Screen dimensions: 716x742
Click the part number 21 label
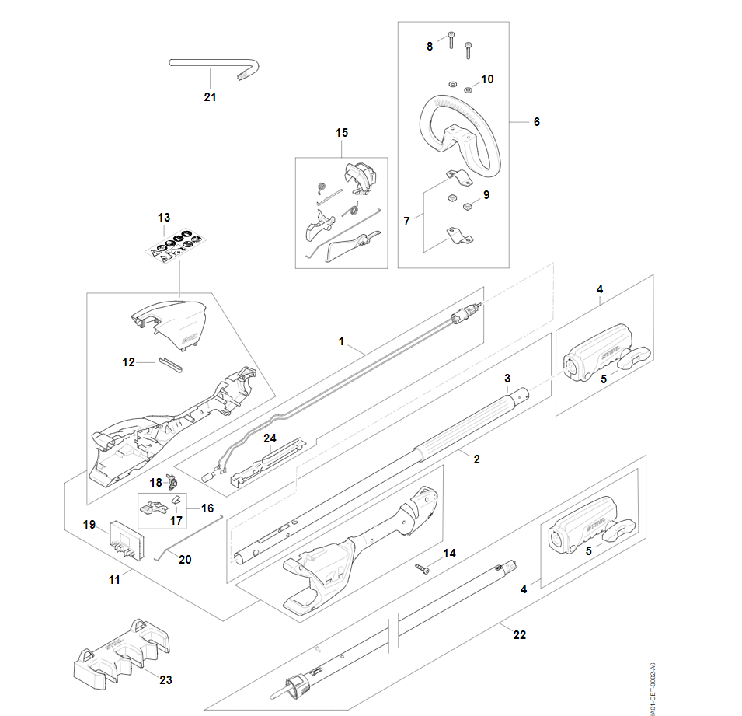(x=210, y=97)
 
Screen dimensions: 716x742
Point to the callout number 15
(x=342, y=133)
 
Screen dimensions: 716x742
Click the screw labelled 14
(x=423, y=568)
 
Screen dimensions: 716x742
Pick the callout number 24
(x=270, y=438)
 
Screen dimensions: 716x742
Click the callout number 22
(x=520, y=635)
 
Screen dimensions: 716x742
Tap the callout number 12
(x=129, y=362)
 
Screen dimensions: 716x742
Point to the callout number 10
(x=487, y=79)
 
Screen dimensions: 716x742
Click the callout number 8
(x=430, y=47)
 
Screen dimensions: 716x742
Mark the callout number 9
(x=486, y=195)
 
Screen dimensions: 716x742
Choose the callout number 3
(x=507, y=378)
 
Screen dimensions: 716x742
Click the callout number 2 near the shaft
(x=476, y=459)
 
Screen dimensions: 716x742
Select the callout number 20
(x=184, y=559)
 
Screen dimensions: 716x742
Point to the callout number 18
(x=155, y=482)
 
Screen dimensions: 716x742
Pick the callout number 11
(x=115, y=580)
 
